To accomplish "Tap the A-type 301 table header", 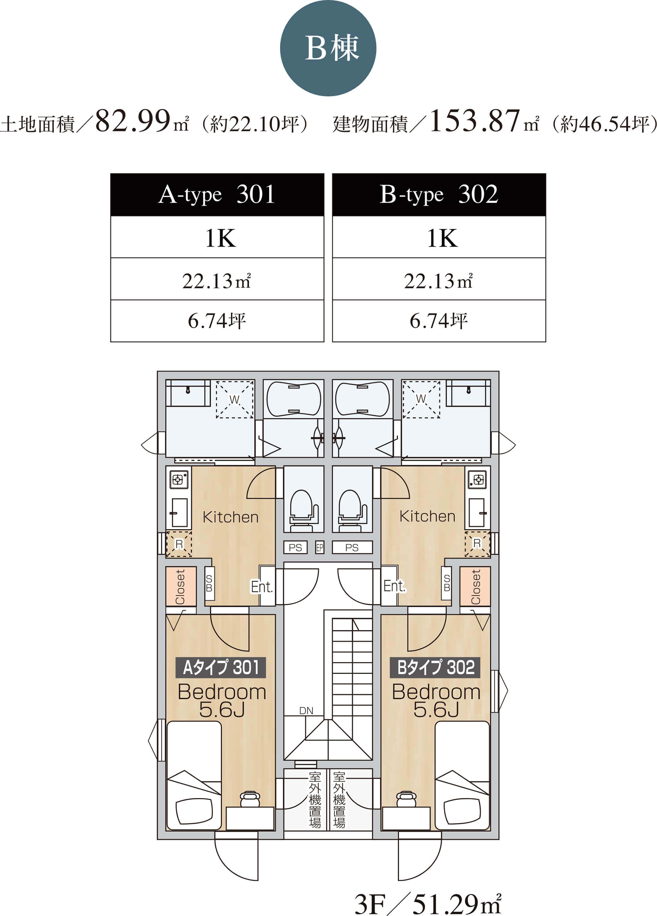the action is click(x=217, y=195).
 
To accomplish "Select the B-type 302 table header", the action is click(x=439, y=195).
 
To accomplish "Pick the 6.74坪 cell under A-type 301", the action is click(x=217, y=321).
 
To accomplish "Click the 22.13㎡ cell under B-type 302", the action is click(x=439, y=279).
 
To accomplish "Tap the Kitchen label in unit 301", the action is click(x=230, y=517).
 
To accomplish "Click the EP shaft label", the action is click(x=320, y=547).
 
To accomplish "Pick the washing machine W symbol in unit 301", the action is click(x=235, y=399).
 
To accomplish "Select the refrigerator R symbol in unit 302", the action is click(x=477, y=544).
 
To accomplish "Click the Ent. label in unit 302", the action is click(x=394, y=586).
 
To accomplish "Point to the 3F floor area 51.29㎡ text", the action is click(x=428, y=904).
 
